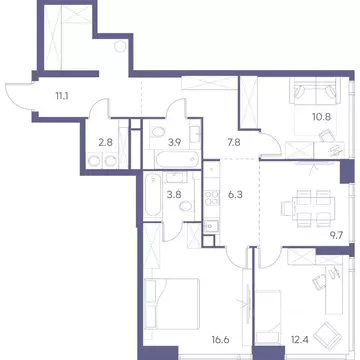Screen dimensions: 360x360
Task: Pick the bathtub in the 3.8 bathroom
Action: [x=149, y=189]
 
